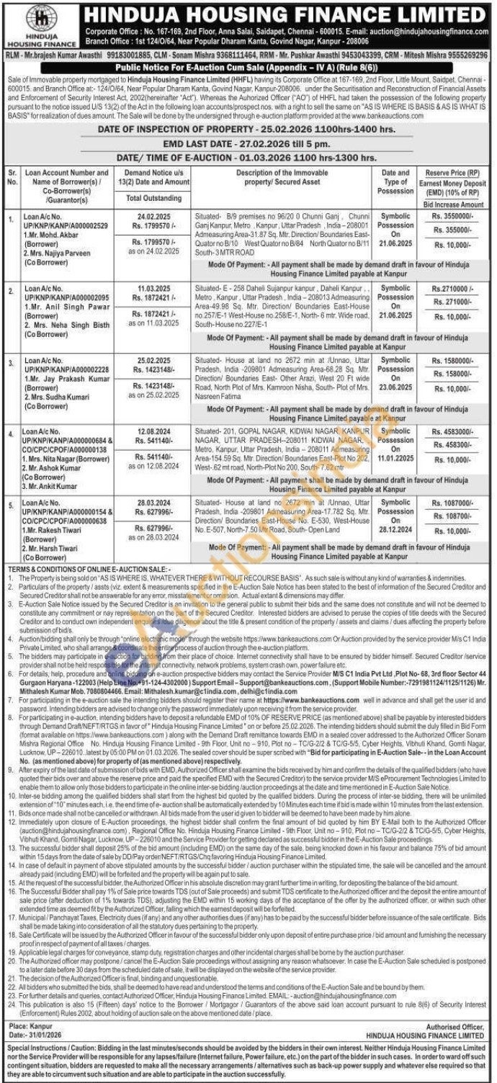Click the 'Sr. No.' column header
point(12,177)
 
